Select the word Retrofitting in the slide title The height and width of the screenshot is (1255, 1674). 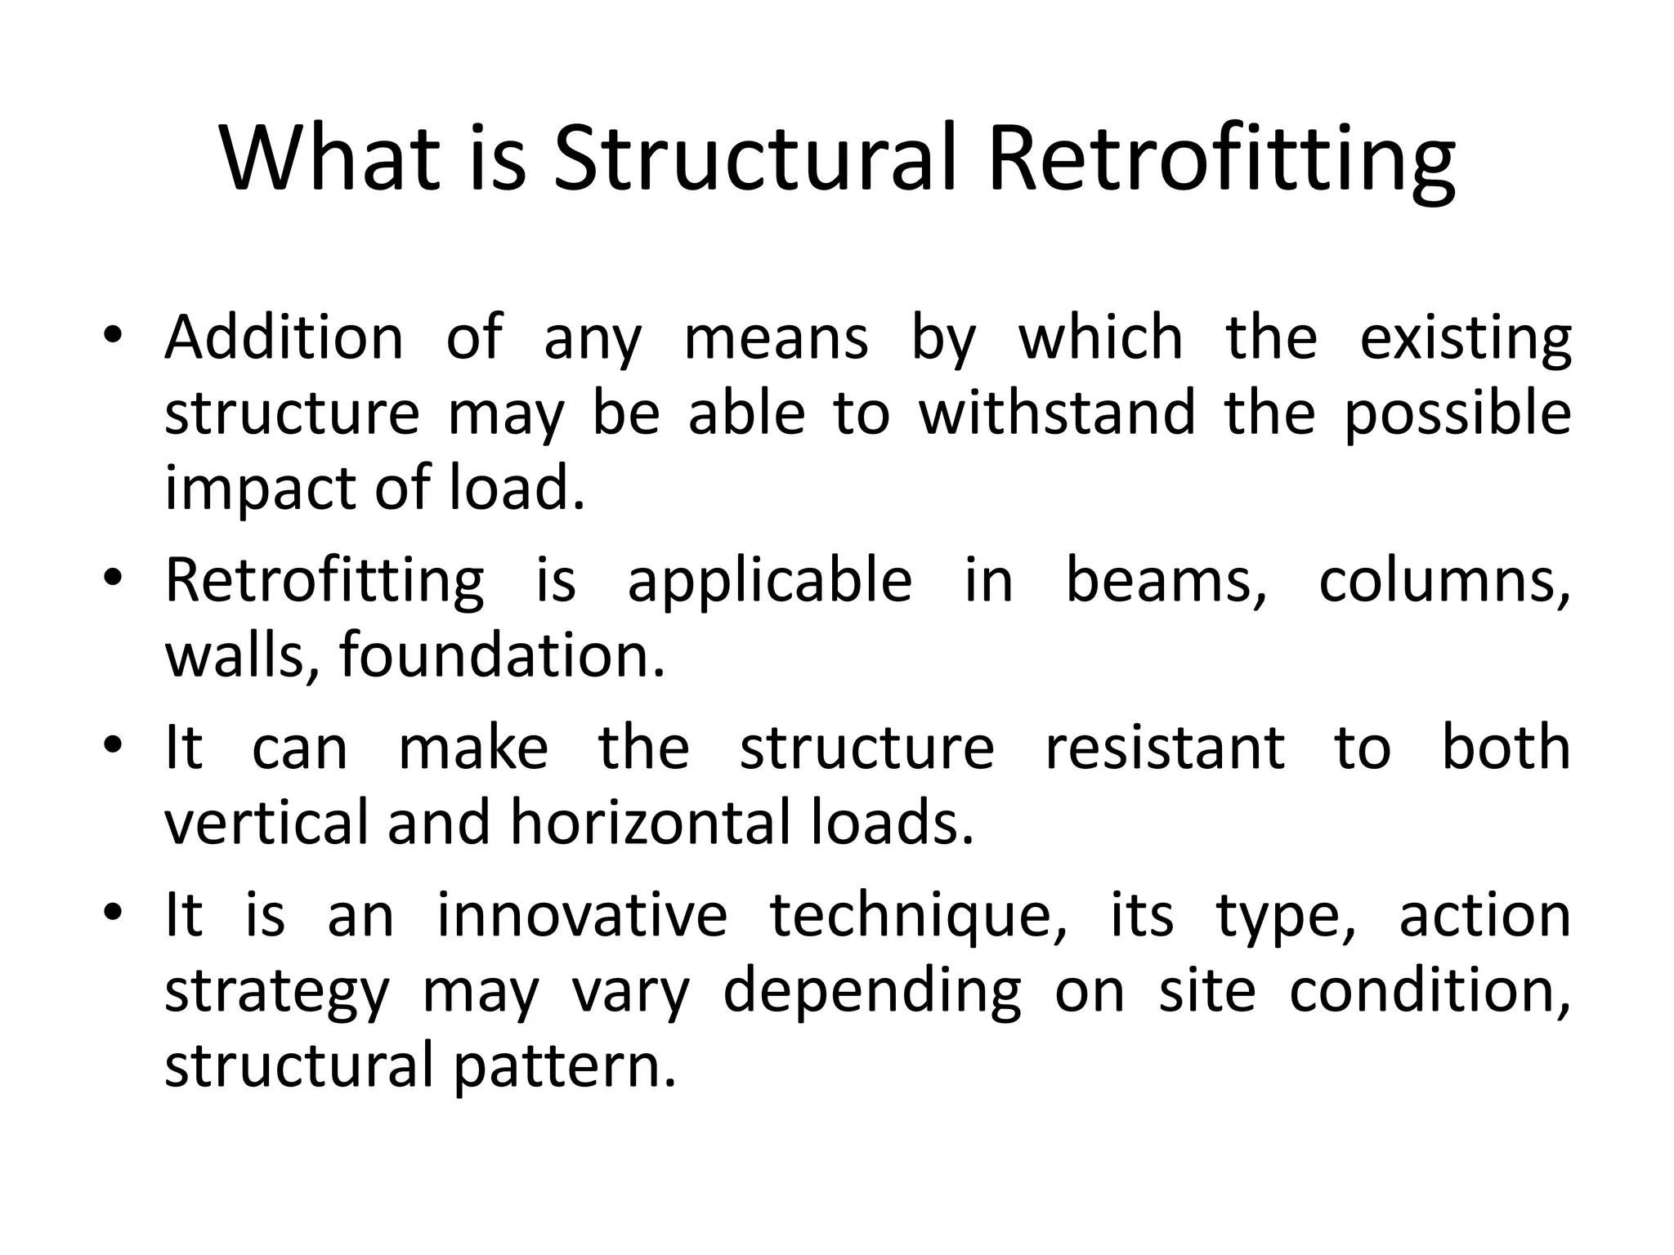pos(1221,159)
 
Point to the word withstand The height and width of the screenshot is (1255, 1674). pos(1057,413)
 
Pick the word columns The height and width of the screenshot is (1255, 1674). pos(1444,582)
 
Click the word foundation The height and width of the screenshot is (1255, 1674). pos(502,655)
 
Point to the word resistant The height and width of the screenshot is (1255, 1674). pos(1165,748)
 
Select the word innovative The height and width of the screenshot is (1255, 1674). pos(582,915)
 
